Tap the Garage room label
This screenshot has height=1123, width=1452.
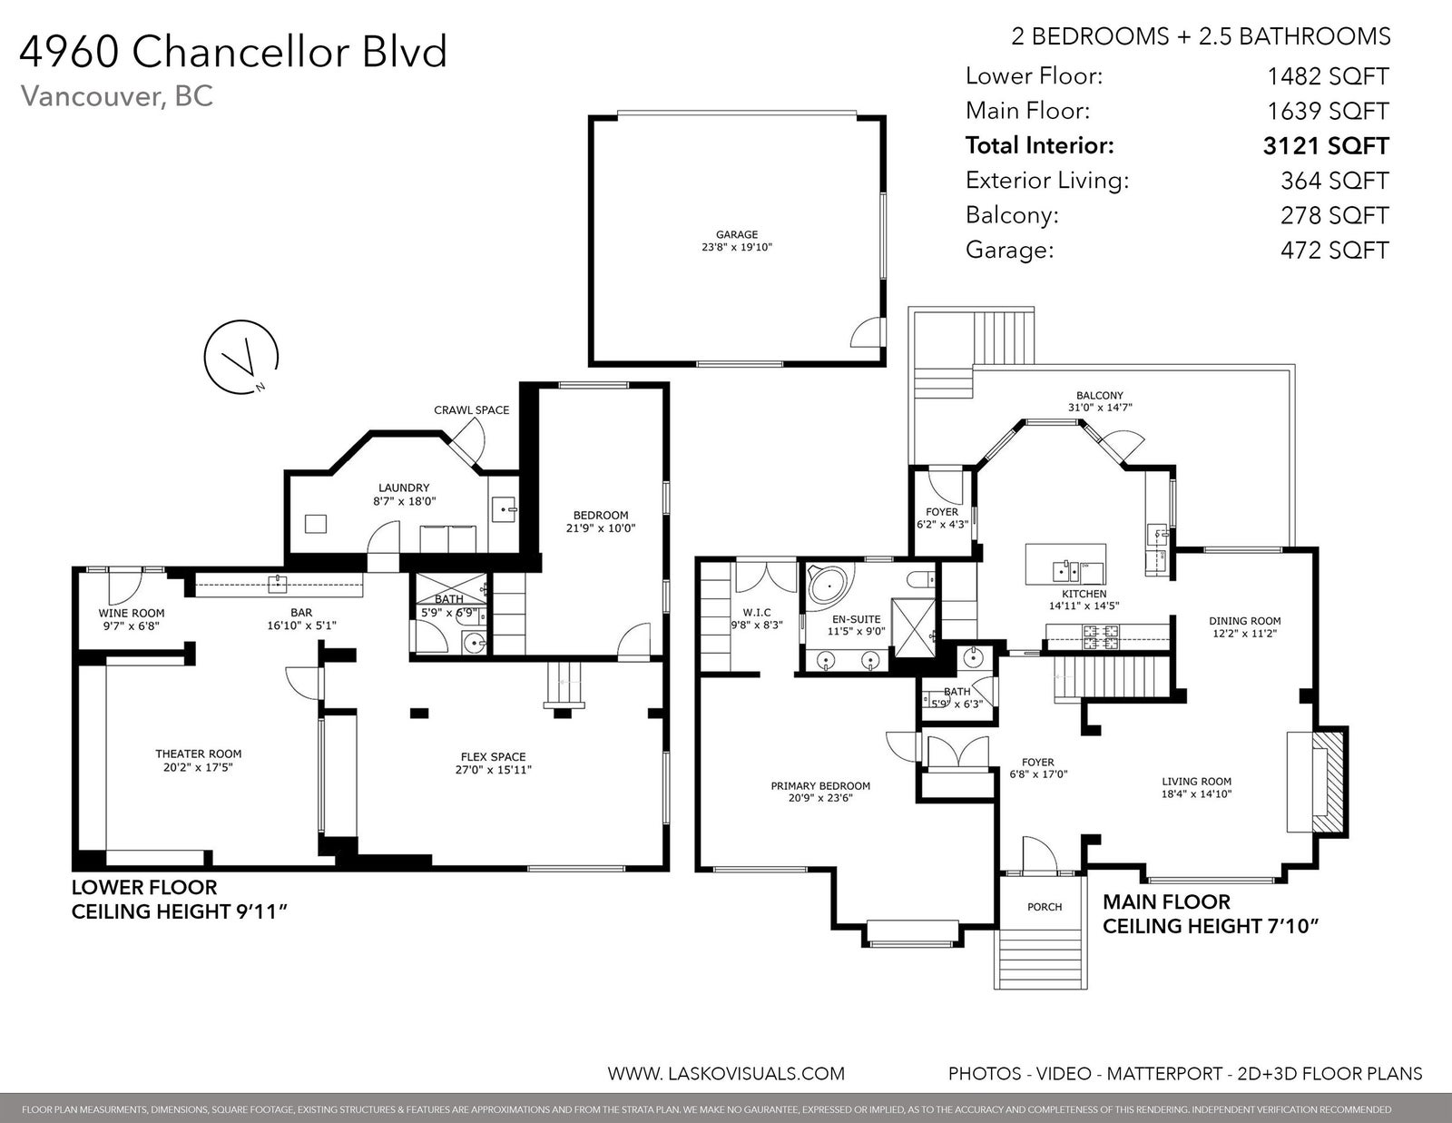[x=736, y=234]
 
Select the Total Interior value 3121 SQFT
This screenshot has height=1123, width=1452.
[x=1326, y=146]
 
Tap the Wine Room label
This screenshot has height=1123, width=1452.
[x=131, y=613]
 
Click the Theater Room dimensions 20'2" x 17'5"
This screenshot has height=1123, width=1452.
[x=198, y=767]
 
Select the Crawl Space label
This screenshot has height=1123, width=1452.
[x=471, y=409]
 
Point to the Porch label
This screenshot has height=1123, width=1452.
[x=1045, y=907]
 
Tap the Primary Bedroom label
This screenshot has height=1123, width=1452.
[x=820, y=786]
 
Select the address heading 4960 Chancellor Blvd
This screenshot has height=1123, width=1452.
[x=233, y=52]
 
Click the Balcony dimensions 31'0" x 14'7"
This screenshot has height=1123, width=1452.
[x=1100, y=407]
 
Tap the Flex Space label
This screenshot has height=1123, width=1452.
[x=493, y=757]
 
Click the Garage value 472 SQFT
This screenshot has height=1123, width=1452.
[x=1334, y=250]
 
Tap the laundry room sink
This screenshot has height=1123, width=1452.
[x=504, y=509]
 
